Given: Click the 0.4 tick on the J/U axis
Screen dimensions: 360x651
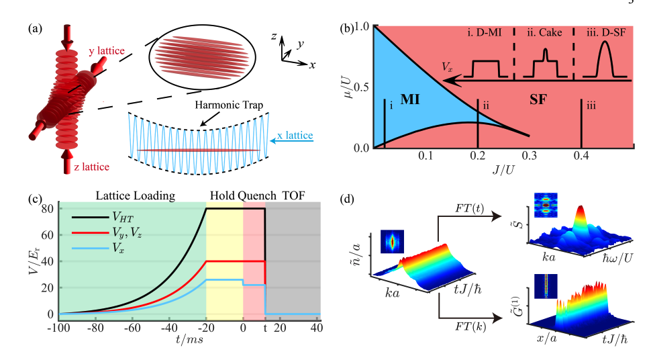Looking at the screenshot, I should pyautogui.click(x=582, y=156).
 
